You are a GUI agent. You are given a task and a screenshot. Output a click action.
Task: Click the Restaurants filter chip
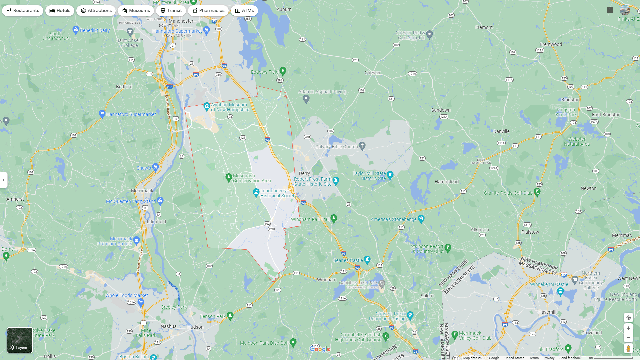(23, 11)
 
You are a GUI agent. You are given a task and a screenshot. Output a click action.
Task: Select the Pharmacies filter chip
(208, 11)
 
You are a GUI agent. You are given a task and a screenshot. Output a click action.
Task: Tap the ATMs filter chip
(244, 11)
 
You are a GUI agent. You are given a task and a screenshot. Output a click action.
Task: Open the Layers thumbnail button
(20, 340)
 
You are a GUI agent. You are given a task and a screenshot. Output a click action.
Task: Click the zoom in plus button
(628, 328)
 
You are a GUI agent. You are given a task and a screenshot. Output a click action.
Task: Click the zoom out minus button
(628, 338)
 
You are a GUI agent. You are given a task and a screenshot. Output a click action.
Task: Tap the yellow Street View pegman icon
(628, 349)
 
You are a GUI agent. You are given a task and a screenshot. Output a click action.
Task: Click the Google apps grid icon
(610, 10)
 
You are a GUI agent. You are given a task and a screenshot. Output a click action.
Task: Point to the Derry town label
(304, 173)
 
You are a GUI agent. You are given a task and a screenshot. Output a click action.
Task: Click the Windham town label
(327, 280)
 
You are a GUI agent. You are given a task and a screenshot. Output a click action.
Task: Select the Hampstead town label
(447, 182)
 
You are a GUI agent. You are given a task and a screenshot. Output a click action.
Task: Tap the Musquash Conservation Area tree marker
(229, 177)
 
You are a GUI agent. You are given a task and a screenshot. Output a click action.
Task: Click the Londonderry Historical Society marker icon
(256, 192)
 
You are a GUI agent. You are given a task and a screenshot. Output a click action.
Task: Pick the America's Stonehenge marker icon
(421, 219)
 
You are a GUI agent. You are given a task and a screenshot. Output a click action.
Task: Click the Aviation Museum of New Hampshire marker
(207, 106)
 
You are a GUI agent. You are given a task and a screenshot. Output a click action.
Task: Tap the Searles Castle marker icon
(367, 259)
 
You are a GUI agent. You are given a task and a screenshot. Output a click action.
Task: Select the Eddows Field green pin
(283, 71)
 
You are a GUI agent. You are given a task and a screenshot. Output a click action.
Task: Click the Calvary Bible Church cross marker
(362, 146)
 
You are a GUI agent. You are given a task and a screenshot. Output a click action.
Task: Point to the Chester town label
(373, 73)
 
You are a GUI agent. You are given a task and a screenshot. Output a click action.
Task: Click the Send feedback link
(570, 358)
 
